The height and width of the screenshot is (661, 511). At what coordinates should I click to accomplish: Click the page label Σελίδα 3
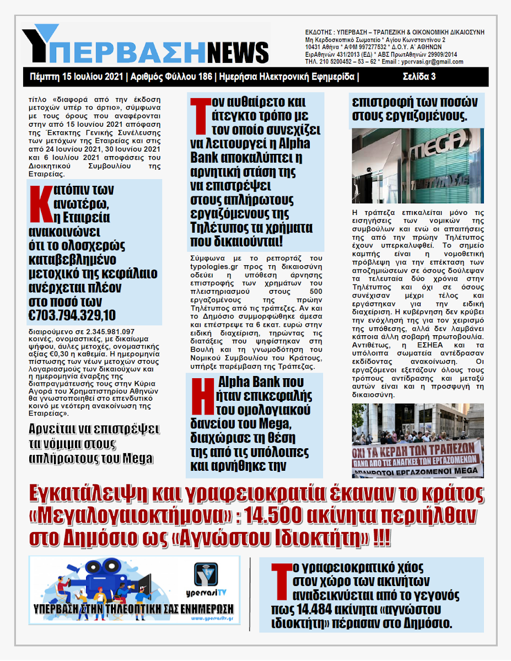coord(419,77)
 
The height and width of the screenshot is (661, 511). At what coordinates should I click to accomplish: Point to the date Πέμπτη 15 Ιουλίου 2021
coord(76,77)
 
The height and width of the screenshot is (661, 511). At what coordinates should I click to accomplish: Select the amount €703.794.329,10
coord(72,315)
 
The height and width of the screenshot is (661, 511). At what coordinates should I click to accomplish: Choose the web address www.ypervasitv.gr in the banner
coord(208,619)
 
